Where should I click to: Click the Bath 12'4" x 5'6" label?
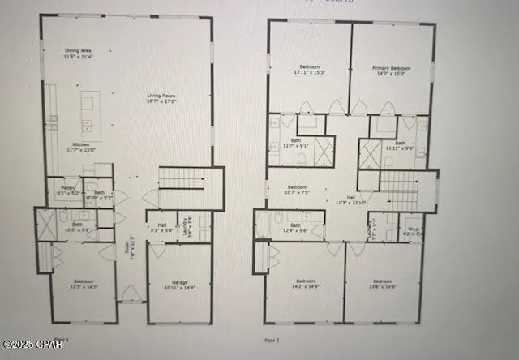[x=295, y=228]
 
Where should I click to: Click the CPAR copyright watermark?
[x=32, y=343]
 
